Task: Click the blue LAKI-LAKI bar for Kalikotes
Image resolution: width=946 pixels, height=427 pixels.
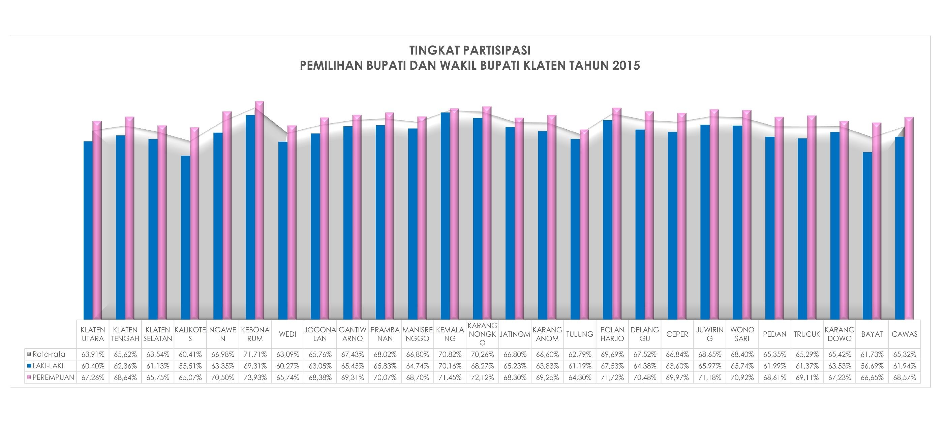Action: pos(185,238)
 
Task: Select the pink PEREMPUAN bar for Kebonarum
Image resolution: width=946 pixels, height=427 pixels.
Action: pos(259,213)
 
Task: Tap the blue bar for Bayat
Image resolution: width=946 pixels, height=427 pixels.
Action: pos(867,237)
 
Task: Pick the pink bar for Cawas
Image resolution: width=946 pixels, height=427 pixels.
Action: pos(909,220)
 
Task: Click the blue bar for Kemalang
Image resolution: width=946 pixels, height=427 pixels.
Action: pos(445,217)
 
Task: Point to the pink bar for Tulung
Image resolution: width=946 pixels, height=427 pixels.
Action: pos(584,226)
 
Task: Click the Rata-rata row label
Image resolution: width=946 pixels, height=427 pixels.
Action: pos(49,354)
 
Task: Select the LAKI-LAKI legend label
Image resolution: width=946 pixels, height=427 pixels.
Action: pos(48,366)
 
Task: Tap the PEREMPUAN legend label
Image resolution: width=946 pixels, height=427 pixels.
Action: pos(53,377)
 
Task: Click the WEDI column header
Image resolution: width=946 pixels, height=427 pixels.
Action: pos(287,334)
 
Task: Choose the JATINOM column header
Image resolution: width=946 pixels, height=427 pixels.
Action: pos(515,334)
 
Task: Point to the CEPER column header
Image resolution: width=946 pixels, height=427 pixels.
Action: pos(677,334)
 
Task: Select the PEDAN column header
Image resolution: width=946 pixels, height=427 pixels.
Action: pos(774,334)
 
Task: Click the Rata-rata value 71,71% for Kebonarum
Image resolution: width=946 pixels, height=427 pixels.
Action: pos(255,354)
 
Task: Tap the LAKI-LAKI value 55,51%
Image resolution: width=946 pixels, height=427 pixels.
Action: pos(190,366)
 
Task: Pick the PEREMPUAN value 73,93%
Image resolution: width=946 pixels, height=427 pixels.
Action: pos(255,377)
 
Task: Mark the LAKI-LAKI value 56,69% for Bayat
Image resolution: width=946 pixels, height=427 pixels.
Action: pos(872,366)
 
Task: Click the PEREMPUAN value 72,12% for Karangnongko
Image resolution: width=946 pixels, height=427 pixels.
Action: pos(482,377)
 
